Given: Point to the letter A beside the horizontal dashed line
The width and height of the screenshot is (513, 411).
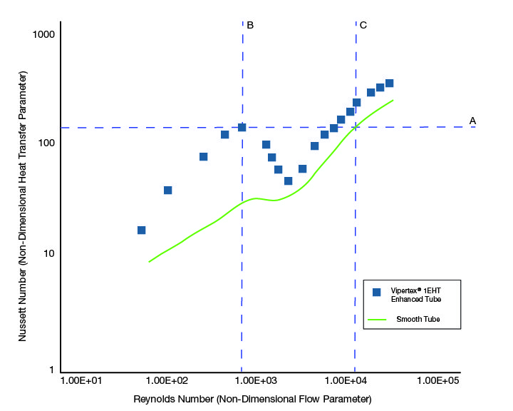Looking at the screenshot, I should click(472, 121).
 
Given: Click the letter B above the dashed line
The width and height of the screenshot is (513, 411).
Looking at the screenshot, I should click(250, 25).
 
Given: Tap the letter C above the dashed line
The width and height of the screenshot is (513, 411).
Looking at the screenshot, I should click(363, 25).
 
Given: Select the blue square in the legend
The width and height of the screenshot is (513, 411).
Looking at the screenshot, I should click(377, 292).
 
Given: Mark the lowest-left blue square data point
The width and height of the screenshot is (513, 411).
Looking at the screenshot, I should click(141, 230).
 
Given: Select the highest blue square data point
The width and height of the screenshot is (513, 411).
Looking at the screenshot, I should click(389, 83).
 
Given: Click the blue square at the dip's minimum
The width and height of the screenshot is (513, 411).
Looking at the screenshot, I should click(288, 181).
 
